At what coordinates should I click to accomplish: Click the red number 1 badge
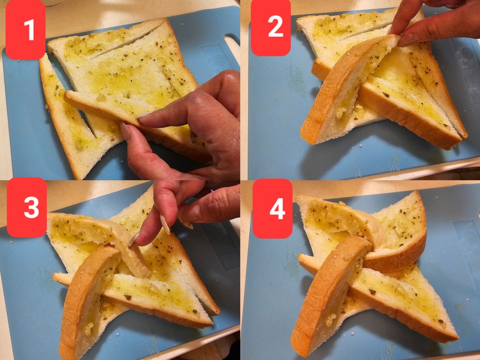(x=25, y=30)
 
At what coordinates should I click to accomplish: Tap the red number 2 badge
(x=271, y=28)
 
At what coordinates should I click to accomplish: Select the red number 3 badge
(x=27, y=207)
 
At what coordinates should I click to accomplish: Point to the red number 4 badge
(x=273, y=208)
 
